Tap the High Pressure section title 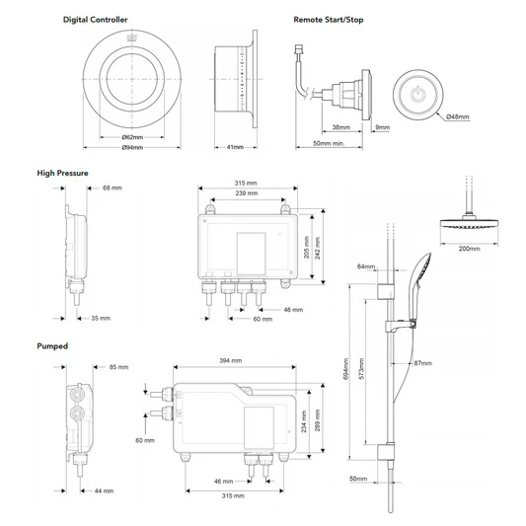tap(62, 173)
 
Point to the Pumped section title tap(53, 346)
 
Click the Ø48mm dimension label tap(457, 117)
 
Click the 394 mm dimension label tap(231, 361)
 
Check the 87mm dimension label tap(422, 363)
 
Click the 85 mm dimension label tap(118, 367)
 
